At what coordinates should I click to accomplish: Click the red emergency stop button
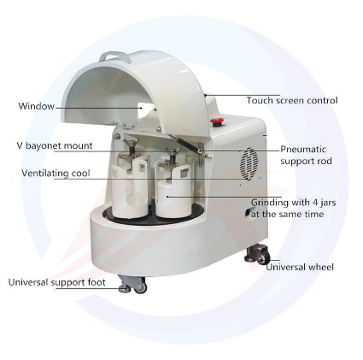pyautogui.click(x=216, y=122)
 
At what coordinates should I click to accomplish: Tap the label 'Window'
pyautogui.click(x=36, y=106)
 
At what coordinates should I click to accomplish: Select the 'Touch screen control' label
pyautogui.click(x=292, y=100)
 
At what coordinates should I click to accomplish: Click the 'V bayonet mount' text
pyautogui.click(x=55, y=145)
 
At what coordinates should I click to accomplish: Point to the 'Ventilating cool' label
pyautogui.click(x=56, y=173)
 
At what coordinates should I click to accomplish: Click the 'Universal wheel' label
pyautogui.click(x=300, y=267)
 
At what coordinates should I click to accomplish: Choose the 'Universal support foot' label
pyautogui.click(x=56, y=282)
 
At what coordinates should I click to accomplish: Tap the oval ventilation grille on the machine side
pyautogui.click(x=249, y=164)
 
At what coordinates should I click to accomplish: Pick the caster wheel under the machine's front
pyautogui.click(x=134, y=284)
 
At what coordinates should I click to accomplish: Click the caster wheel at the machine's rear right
pyautogui.click(x=256, y=253)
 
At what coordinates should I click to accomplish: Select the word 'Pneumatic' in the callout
pyautogui.click(x=303, y=149)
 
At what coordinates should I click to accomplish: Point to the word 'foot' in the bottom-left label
pyautogui.click(x=96, y=282)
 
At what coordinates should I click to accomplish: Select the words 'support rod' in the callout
pyautogui.click(x=306, y=161)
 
